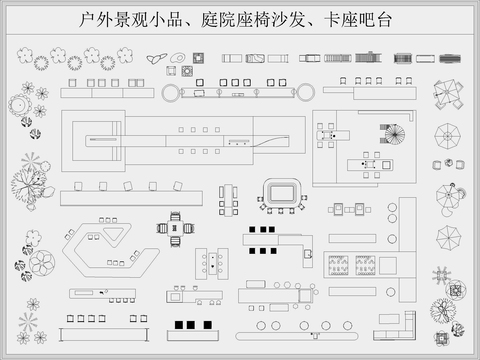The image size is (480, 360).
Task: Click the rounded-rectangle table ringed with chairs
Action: coord(281,192)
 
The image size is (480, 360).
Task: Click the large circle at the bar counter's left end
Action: coord(170,93)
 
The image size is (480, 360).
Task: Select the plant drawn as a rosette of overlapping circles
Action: coord(41,263)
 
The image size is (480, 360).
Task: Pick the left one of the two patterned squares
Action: coord(339,264)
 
